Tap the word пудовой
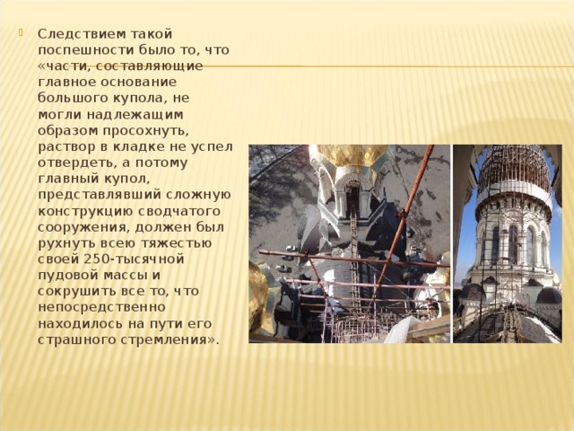click(x=66, y=276)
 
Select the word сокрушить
click(x=74, y=292)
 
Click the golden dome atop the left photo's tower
click(x=351, y=156)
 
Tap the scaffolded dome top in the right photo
click(x=514, y=166)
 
